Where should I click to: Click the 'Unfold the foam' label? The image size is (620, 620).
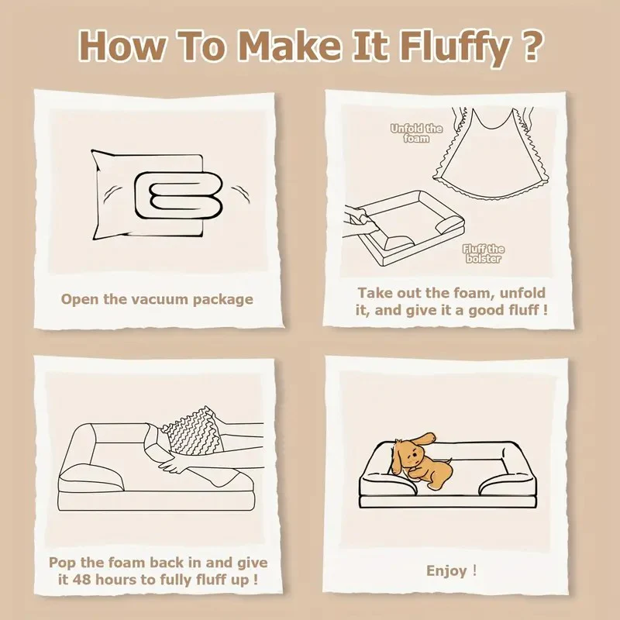tap(416, 133)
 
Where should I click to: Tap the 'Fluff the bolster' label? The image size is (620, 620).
tap(483, 254)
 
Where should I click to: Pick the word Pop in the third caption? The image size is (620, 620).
tap(63, 563)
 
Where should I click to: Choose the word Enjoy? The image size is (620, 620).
tap(446, 570)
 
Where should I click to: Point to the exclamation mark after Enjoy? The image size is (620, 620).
tap(474, 570)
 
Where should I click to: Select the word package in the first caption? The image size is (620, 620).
tap(223, 300)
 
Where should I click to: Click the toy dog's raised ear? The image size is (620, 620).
tap(424, 439)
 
